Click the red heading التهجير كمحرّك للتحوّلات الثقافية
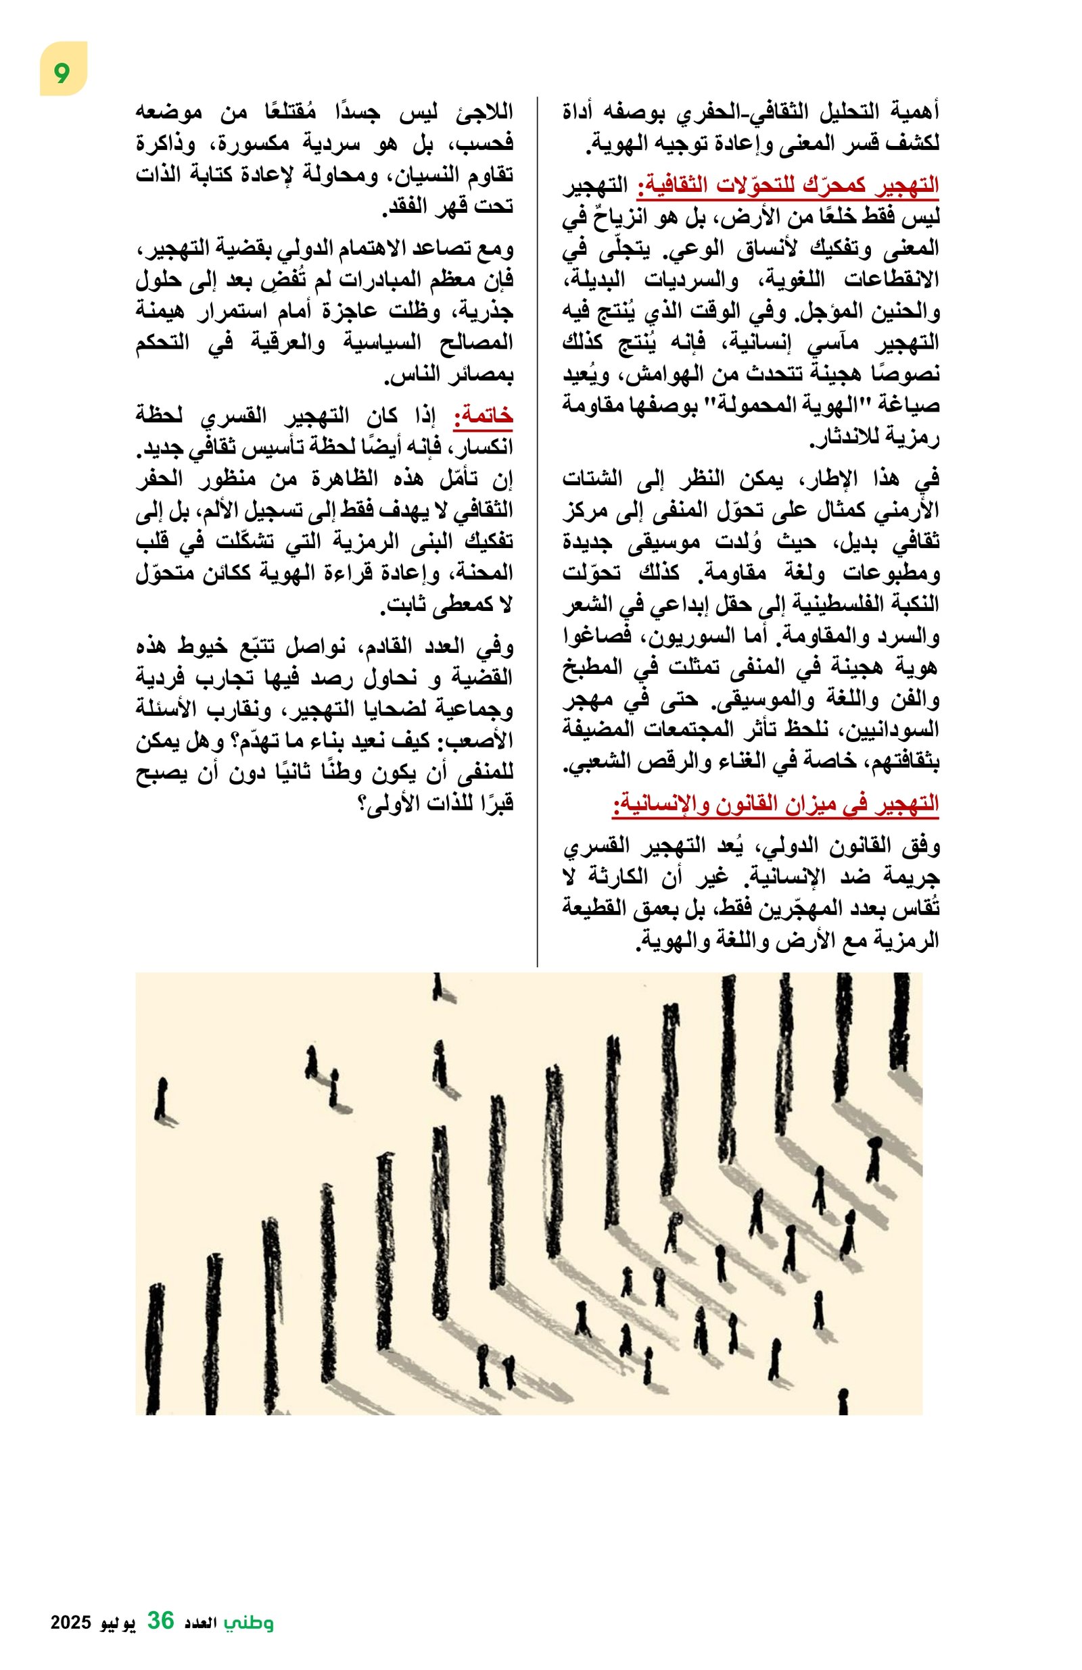point(787,187)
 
